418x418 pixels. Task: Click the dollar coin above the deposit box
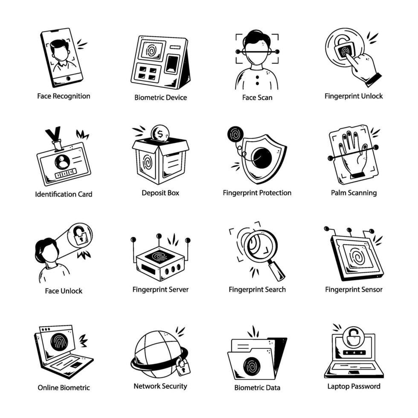click(x=160, y=133)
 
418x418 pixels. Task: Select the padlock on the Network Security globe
click(x=183, y=366)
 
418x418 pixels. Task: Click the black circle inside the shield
click(x=261, y=158)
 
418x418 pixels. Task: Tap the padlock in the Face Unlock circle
click(x=80, y=235)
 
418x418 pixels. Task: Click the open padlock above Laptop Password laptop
click(x=354, y=337)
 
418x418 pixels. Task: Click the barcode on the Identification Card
click(x=66, y=174)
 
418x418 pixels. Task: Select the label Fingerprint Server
click(x=160, y=290)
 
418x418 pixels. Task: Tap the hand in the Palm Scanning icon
click(x=352, y=155)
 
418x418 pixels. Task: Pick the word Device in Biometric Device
click(x=176, y=98)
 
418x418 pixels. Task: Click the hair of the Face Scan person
click(x=256, y=37)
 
